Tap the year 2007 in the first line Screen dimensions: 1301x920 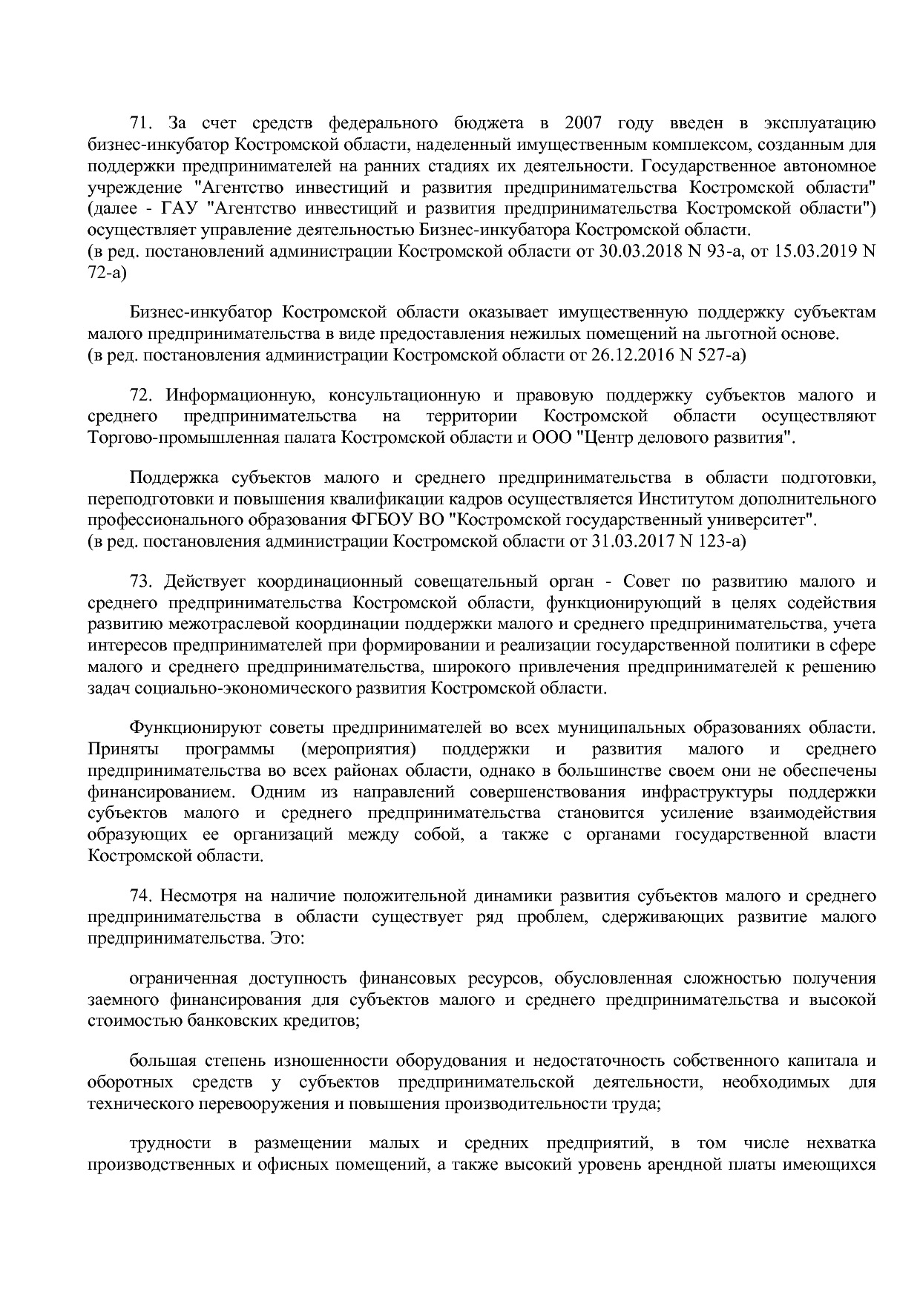pyautogui.click(x=584, y=122)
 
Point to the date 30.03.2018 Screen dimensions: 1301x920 pyautogui.click(x=636, y=251)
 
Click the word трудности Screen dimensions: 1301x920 pyautogui.click(x=170, y=1143)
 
